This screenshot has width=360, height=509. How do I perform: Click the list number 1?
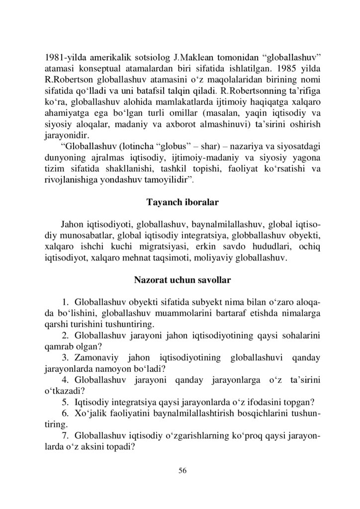[65, 303]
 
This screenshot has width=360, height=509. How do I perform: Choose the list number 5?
[65, 401]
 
